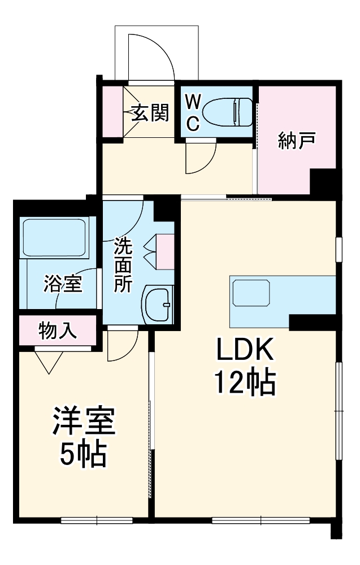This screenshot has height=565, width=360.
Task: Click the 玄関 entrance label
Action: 150,114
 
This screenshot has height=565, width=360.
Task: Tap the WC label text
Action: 193,113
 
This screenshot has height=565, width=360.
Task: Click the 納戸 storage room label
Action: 297,141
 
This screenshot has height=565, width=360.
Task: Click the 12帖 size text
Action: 244,384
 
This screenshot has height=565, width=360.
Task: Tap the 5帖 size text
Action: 84,453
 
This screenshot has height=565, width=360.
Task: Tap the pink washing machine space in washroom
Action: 165,251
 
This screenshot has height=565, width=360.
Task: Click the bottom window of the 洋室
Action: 97,520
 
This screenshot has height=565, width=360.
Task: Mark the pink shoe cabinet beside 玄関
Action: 113,111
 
